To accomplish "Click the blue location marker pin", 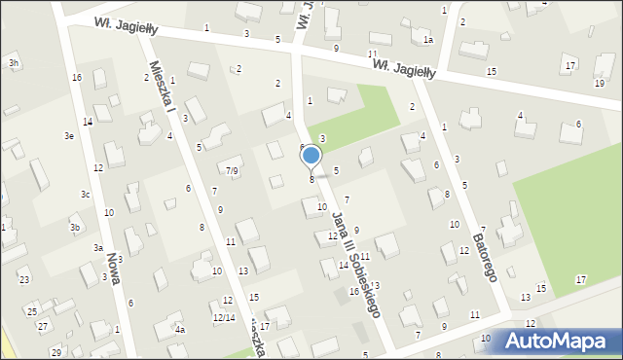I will pyautogui.click(x=311, y=156).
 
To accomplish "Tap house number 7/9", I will pyautogui.click(x=232, y=171).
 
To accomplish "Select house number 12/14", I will pyautogui.click(x=224, y=318).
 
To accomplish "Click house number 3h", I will pyautogui.click(x=14, y=63).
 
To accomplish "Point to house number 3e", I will pyautogui.click(x=69, y=136).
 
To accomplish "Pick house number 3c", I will pyautogui.click(x=86, y=195).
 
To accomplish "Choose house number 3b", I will pyautogui.click(x=75, y=228).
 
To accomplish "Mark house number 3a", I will pyautogui.click(x=98, y=248).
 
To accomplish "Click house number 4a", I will pyautogui.click(x=179, y=330).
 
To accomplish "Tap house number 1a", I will pyautogui.click(x=427, y=40).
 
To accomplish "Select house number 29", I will pyautogui.click(x=56, y=352).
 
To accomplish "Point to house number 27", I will pyautogui.click(x=43, y=326).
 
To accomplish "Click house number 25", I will pyautogui.click(x=32, y=311).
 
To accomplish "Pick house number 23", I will pyautogui.click(x=24, y=280).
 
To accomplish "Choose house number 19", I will pyautogui.click(x=599, y=83).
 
